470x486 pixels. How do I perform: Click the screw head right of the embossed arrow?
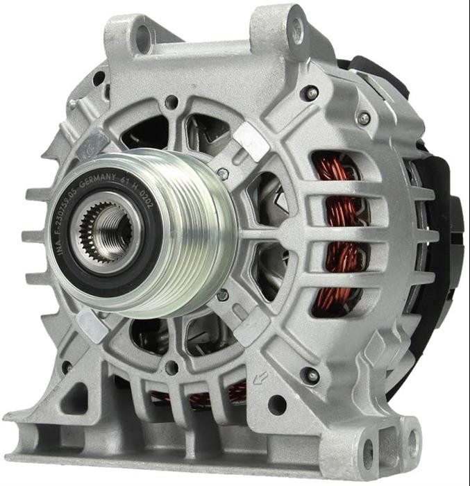pyautogui.click(x=312, y=376)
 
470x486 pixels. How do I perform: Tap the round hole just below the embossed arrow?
pyautogui.click(x=276, y=404)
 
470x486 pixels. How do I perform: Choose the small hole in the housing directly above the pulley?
pyautogui.click(x=171, y=104)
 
